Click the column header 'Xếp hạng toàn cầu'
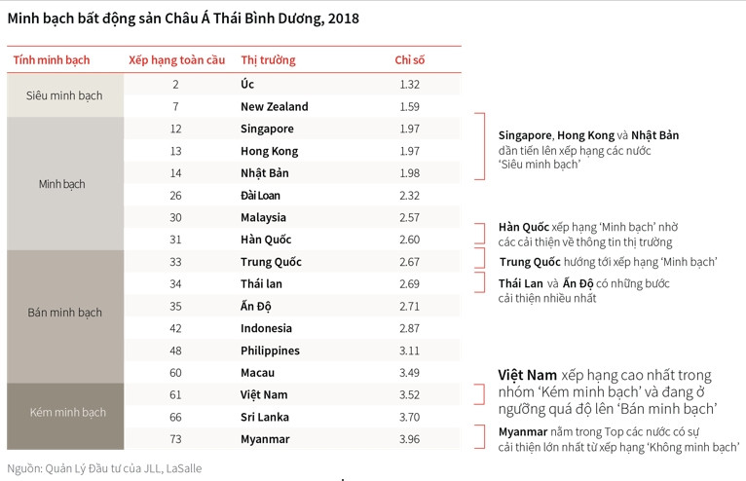(x=176, y=60)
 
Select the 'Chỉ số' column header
(x=409, y=60)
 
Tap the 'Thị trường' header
(x=268, y=60)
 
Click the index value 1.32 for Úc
(x=409, y=85)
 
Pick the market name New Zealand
(x=274, y=107)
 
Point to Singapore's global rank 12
(x=175, y=129)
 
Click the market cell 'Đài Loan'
(x=260, y=196)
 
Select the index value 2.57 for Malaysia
(x=409, y=218)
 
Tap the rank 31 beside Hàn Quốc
(x=175, y=240)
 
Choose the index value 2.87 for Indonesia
(x=409, y=329)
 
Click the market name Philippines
(x=270, y=351)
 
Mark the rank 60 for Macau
(x=175, y=373)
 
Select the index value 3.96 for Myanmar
(x=409, y=439)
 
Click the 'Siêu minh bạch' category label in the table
(x=64, y=96)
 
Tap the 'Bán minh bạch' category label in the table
(x=64, y=314)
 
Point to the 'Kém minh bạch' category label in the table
(x=64, y=413)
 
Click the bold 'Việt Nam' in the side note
(x=528, y=375)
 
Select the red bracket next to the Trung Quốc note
(x=479, y=259)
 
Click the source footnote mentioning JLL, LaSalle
(x=104, y=468)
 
